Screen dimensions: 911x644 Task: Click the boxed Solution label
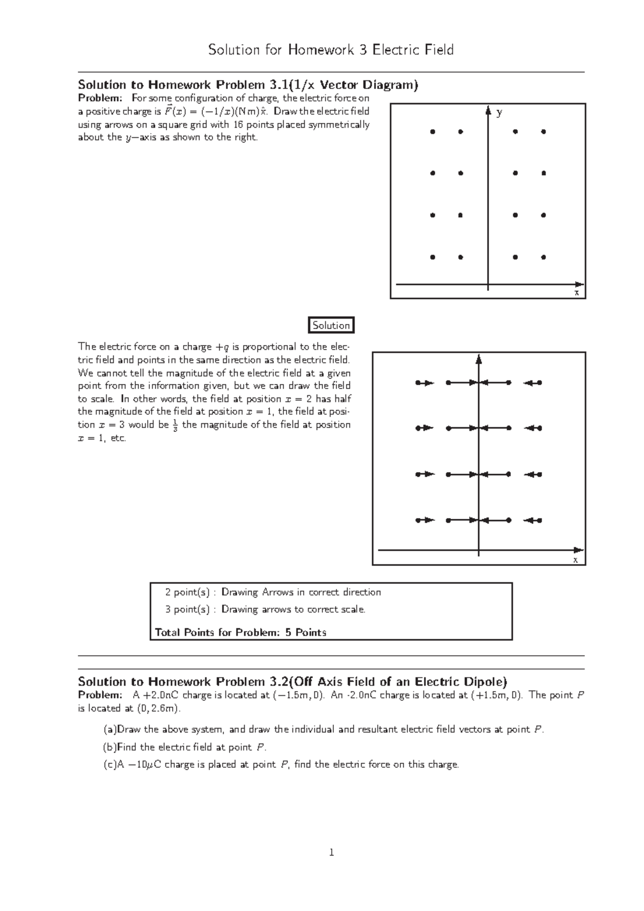coord(331,325)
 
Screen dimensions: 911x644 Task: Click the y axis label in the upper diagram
coord(500,112)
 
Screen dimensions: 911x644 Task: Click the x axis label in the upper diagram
coord(576,293)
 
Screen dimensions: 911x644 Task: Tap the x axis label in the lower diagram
coord(575,560)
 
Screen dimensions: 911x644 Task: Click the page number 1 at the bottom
coord(331,852)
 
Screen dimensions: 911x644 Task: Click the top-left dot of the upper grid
coord(433,131)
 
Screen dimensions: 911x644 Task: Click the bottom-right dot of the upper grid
coord(544,258)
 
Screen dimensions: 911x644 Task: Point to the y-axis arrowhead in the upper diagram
coord(488,111)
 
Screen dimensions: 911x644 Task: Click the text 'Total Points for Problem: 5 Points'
coord(240,632)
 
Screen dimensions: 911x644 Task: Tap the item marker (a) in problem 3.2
coord(109,730)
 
